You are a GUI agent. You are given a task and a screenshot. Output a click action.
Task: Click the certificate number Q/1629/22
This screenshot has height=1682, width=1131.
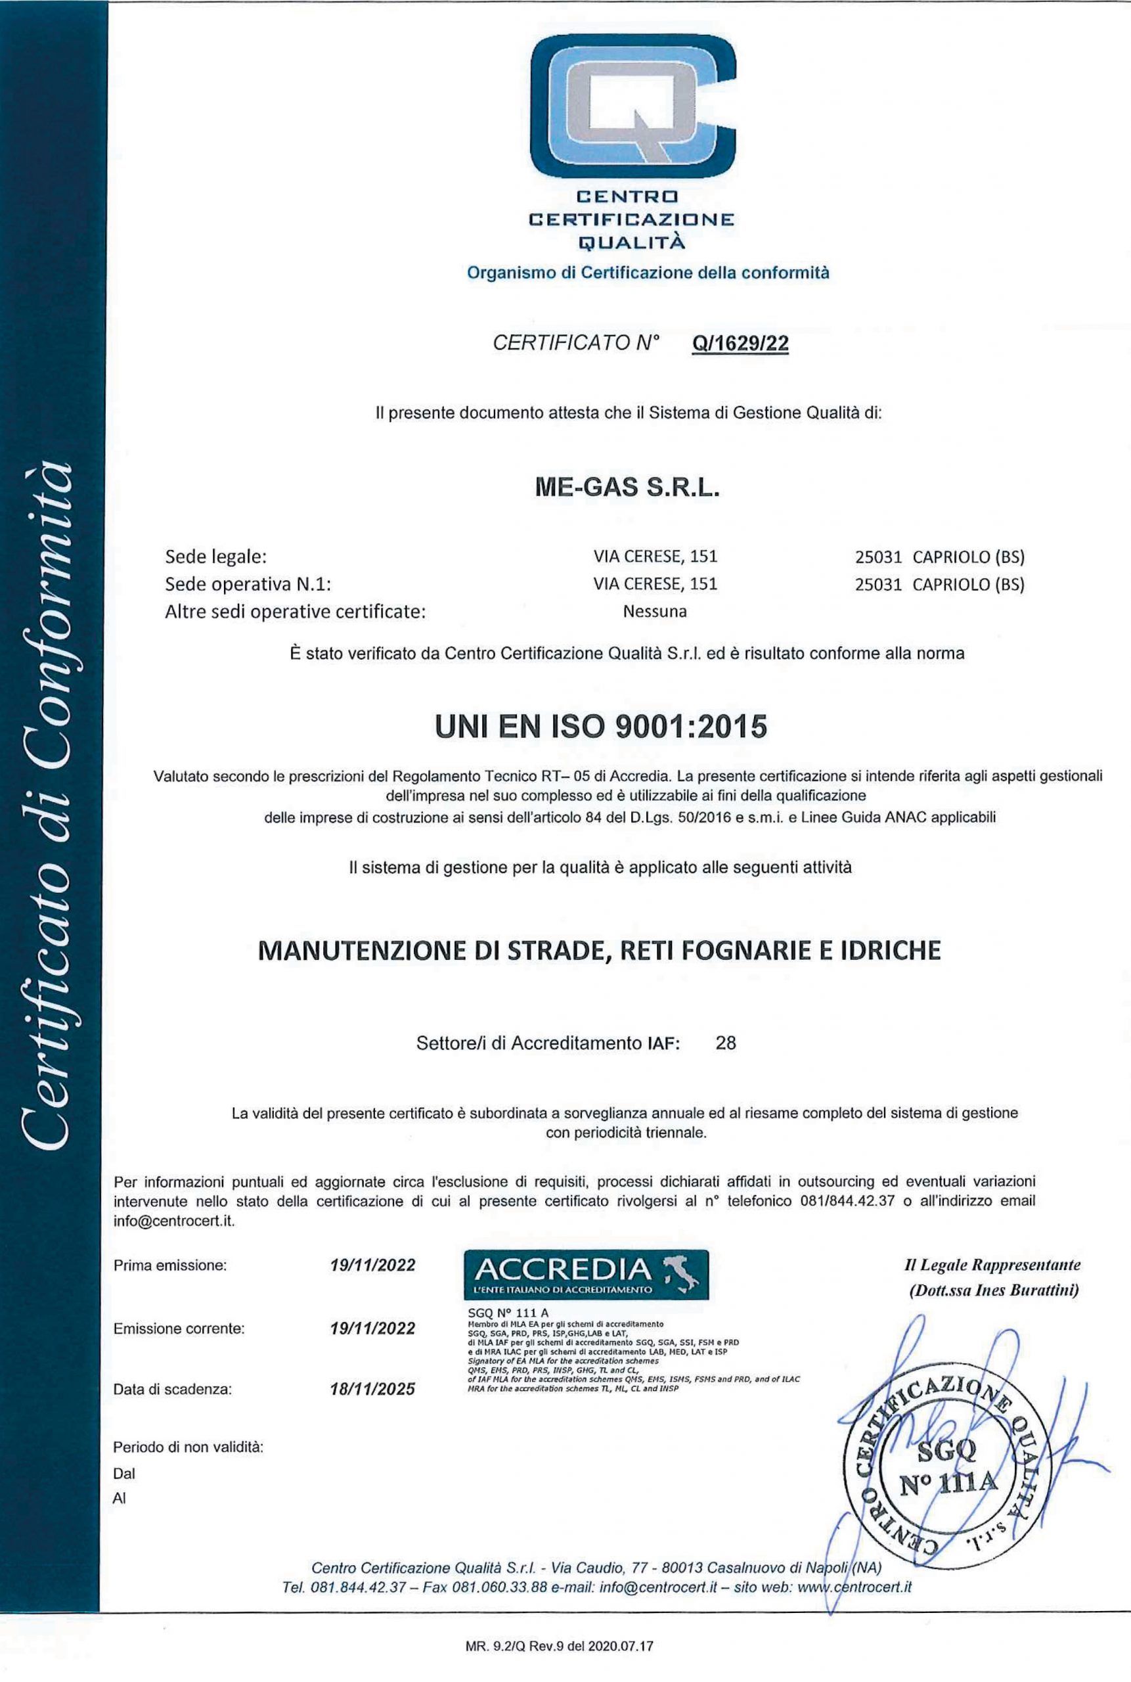740,344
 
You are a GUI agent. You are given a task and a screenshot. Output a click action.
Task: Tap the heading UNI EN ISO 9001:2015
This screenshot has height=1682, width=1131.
601,727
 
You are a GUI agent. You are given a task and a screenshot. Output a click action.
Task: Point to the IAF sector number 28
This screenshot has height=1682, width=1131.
726,1043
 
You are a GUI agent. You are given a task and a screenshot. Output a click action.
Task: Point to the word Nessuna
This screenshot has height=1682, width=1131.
655,612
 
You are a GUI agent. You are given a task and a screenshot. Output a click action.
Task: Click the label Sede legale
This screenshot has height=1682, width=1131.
215,557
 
